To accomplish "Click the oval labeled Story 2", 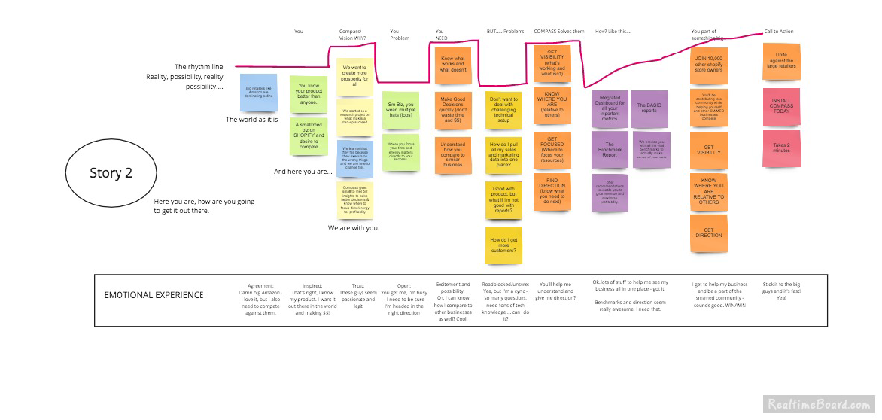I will [x=111, y=173].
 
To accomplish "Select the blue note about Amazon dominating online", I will [x=258, y=93].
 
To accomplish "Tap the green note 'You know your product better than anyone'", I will [x=309, y=93].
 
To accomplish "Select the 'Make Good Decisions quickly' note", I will [x=453, y=111].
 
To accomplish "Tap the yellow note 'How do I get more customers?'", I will [x=504, y=245].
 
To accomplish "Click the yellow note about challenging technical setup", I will [x=504, y=110].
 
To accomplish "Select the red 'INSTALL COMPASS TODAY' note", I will [x=782, y=106].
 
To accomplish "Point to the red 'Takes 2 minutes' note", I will [x=782, y=149].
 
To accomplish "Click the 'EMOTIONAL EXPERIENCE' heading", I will [x=154, y=294].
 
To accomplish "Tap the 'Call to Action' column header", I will [x=778, y=32].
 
